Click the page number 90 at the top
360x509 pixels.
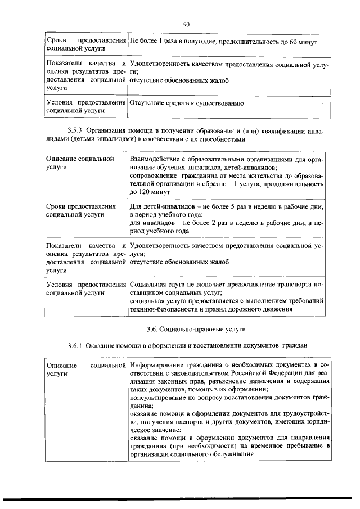pyautogui.click(x=186, y=24)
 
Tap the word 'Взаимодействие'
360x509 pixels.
pyautogui.click(x=156, y=160)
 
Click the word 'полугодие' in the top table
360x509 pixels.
pyautogui.click(x=201, y=42)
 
